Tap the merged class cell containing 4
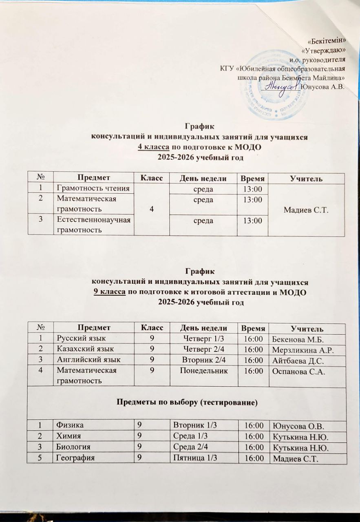coord(152,209)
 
